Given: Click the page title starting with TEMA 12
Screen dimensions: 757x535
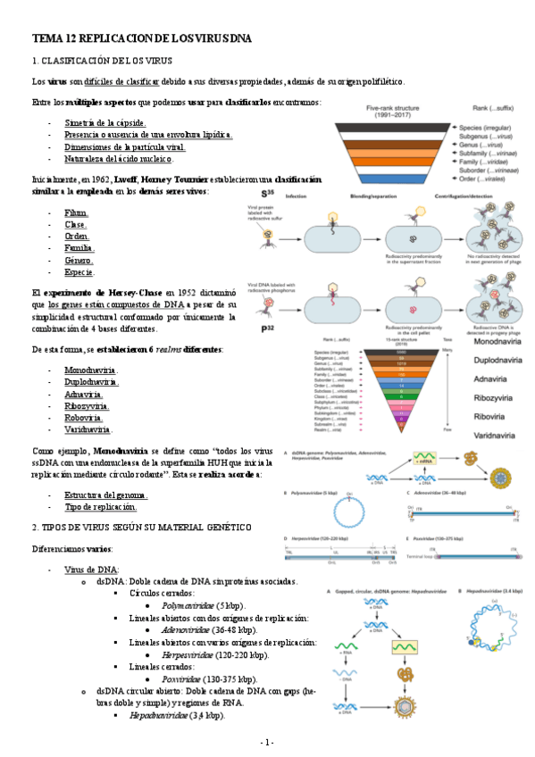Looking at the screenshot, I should [x=142, y=38].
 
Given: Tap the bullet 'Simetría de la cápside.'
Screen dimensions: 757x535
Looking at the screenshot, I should [x=104, y=122].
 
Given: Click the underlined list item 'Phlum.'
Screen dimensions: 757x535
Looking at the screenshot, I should [x=76, y=213].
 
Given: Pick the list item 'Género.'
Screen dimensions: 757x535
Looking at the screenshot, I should [x=79, y=261].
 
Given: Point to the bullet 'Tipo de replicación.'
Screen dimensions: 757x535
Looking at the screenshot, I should [x=100, y=507].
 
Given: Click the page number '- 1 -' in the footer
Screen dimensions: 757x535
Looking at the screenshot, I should [x=267, y=742].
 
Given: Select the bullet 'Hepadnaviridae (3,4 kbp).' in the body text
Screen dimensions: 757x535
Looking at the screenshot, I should [x=177, y=715].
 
